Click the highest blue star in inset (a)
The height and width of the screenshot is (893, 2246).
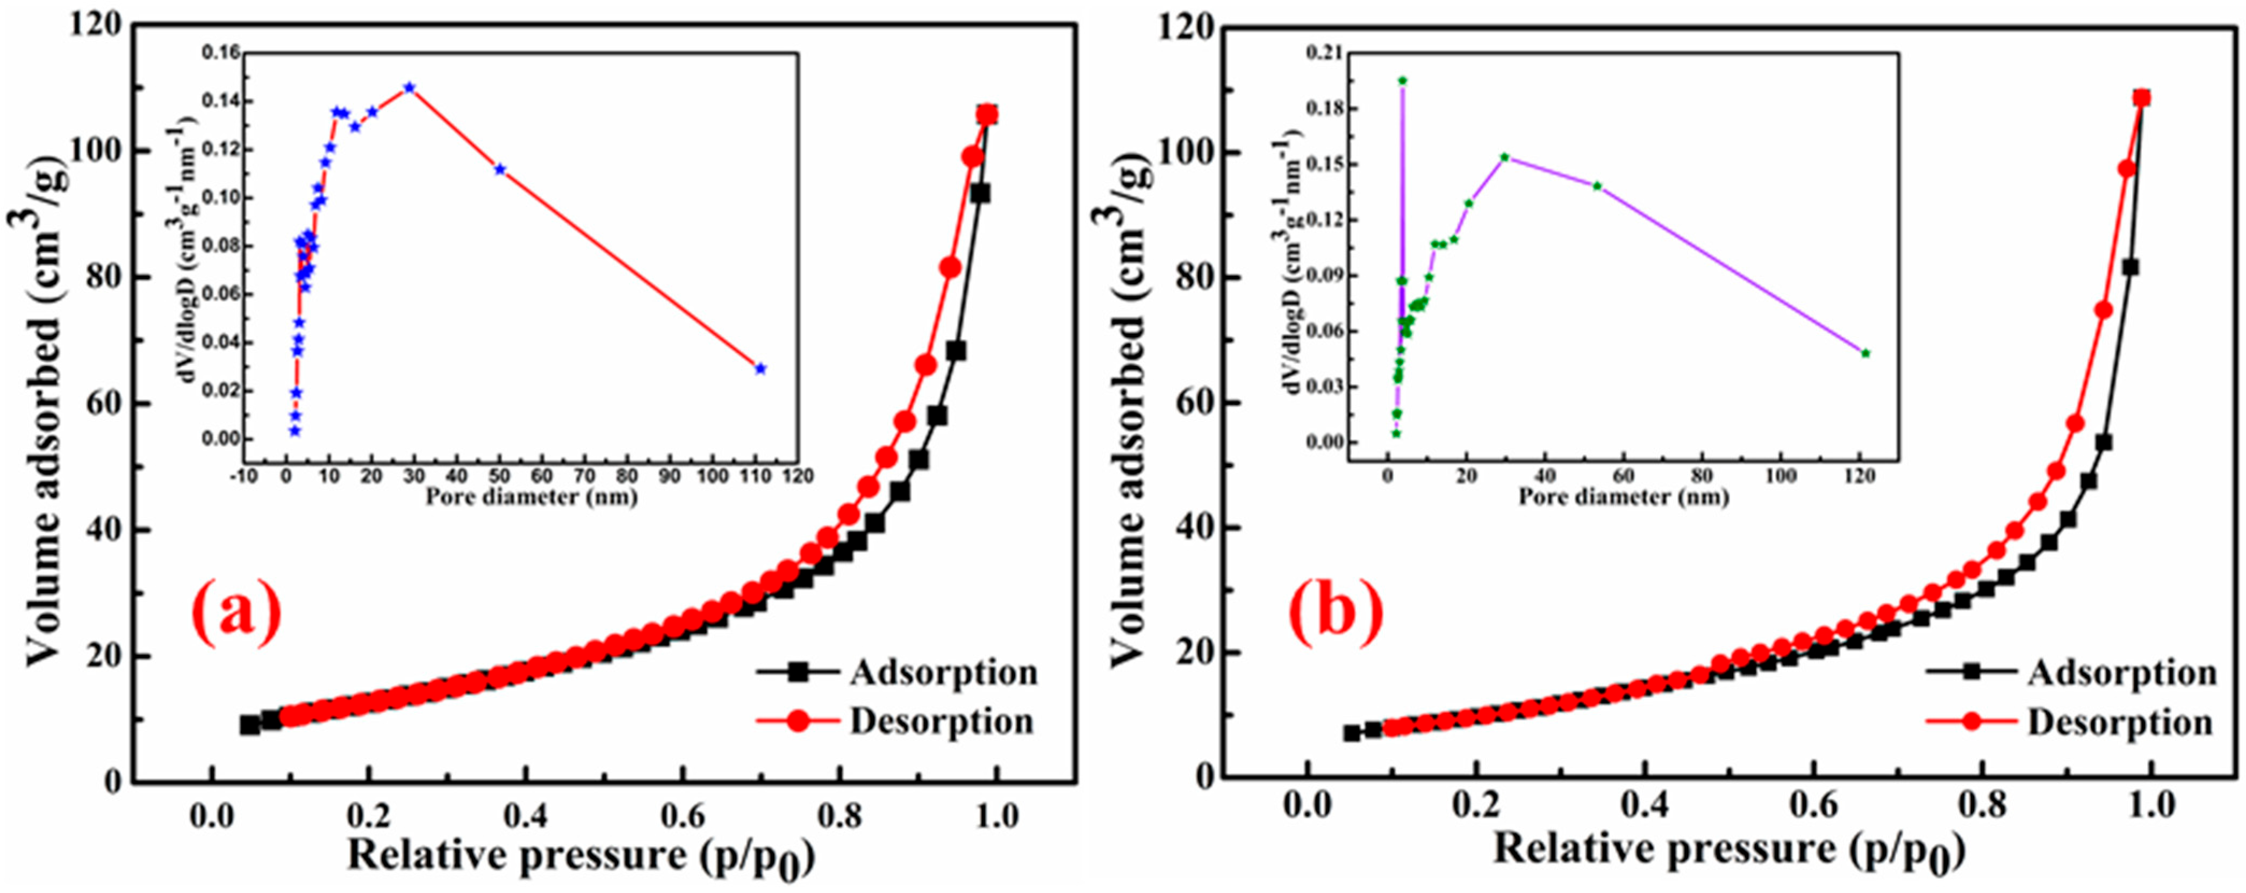pos(409,87)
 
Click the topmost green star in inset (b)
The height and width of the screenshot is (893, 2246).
pos(1403,80)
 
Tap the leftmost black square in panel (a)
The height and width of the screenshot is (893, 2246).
pos(250,725)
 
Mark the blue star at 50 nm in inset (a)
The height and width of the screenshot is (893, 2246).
pos(500,169)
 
